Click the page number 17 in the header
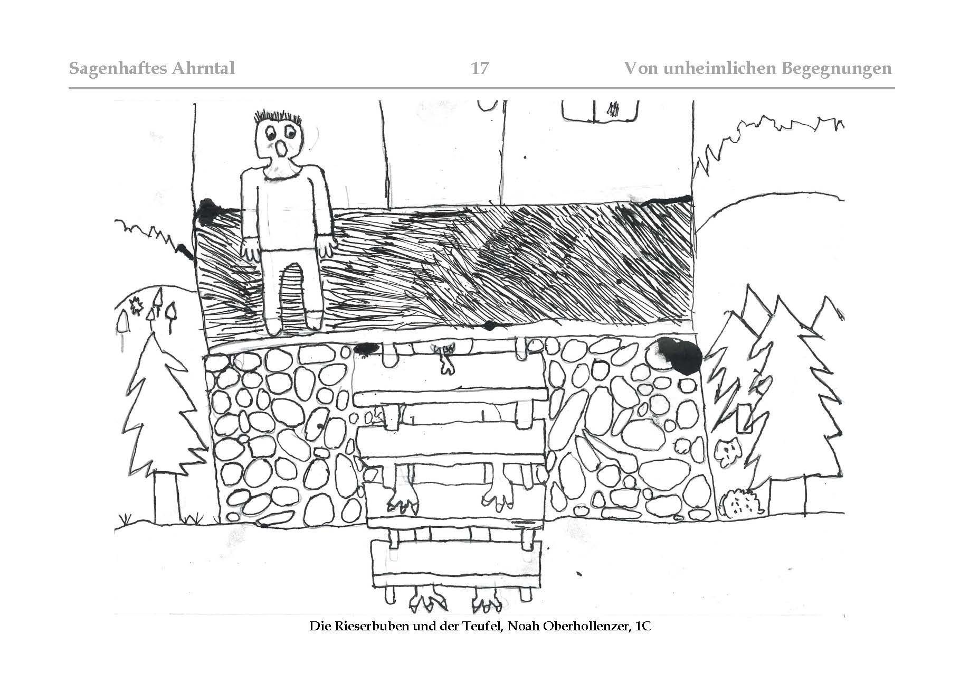479,68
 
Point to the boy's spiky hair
277,117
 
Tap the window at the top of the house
601,110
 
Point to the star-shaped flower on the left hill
134,306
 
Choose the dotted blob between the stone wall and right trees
728,454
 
